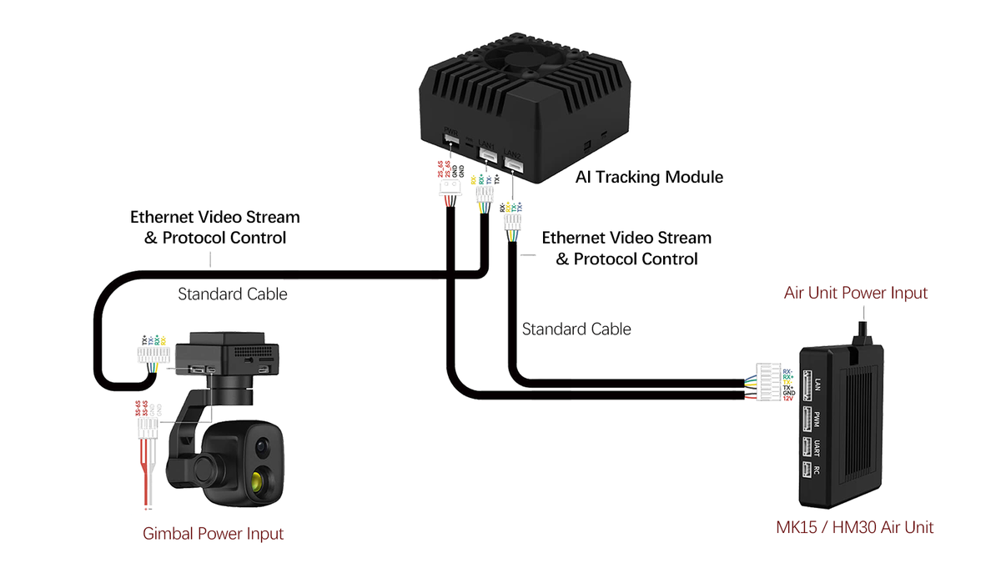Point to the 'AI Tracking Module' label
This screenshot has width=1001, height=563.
tap(649, 177)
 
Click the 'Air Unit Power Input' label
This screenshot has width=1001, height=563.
tap(855, 293)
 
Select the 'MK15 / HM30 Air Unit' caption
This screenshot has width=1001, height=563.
tap(855, 527)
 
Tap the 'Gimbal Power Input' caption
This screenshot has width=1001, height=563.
tap(214, 534)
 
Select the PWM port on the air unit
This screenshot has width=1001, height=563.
tap(807, 418)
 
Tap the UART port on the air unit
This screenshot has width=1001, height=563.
tap(807, 446)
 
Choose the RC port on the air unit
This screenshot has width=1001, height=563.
tap(807, 470)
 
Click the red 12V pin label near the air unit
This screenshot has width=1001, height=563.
tap(787, 399)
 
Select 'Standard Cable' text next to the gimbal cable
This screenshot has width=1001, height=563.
tap(232, 294)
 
